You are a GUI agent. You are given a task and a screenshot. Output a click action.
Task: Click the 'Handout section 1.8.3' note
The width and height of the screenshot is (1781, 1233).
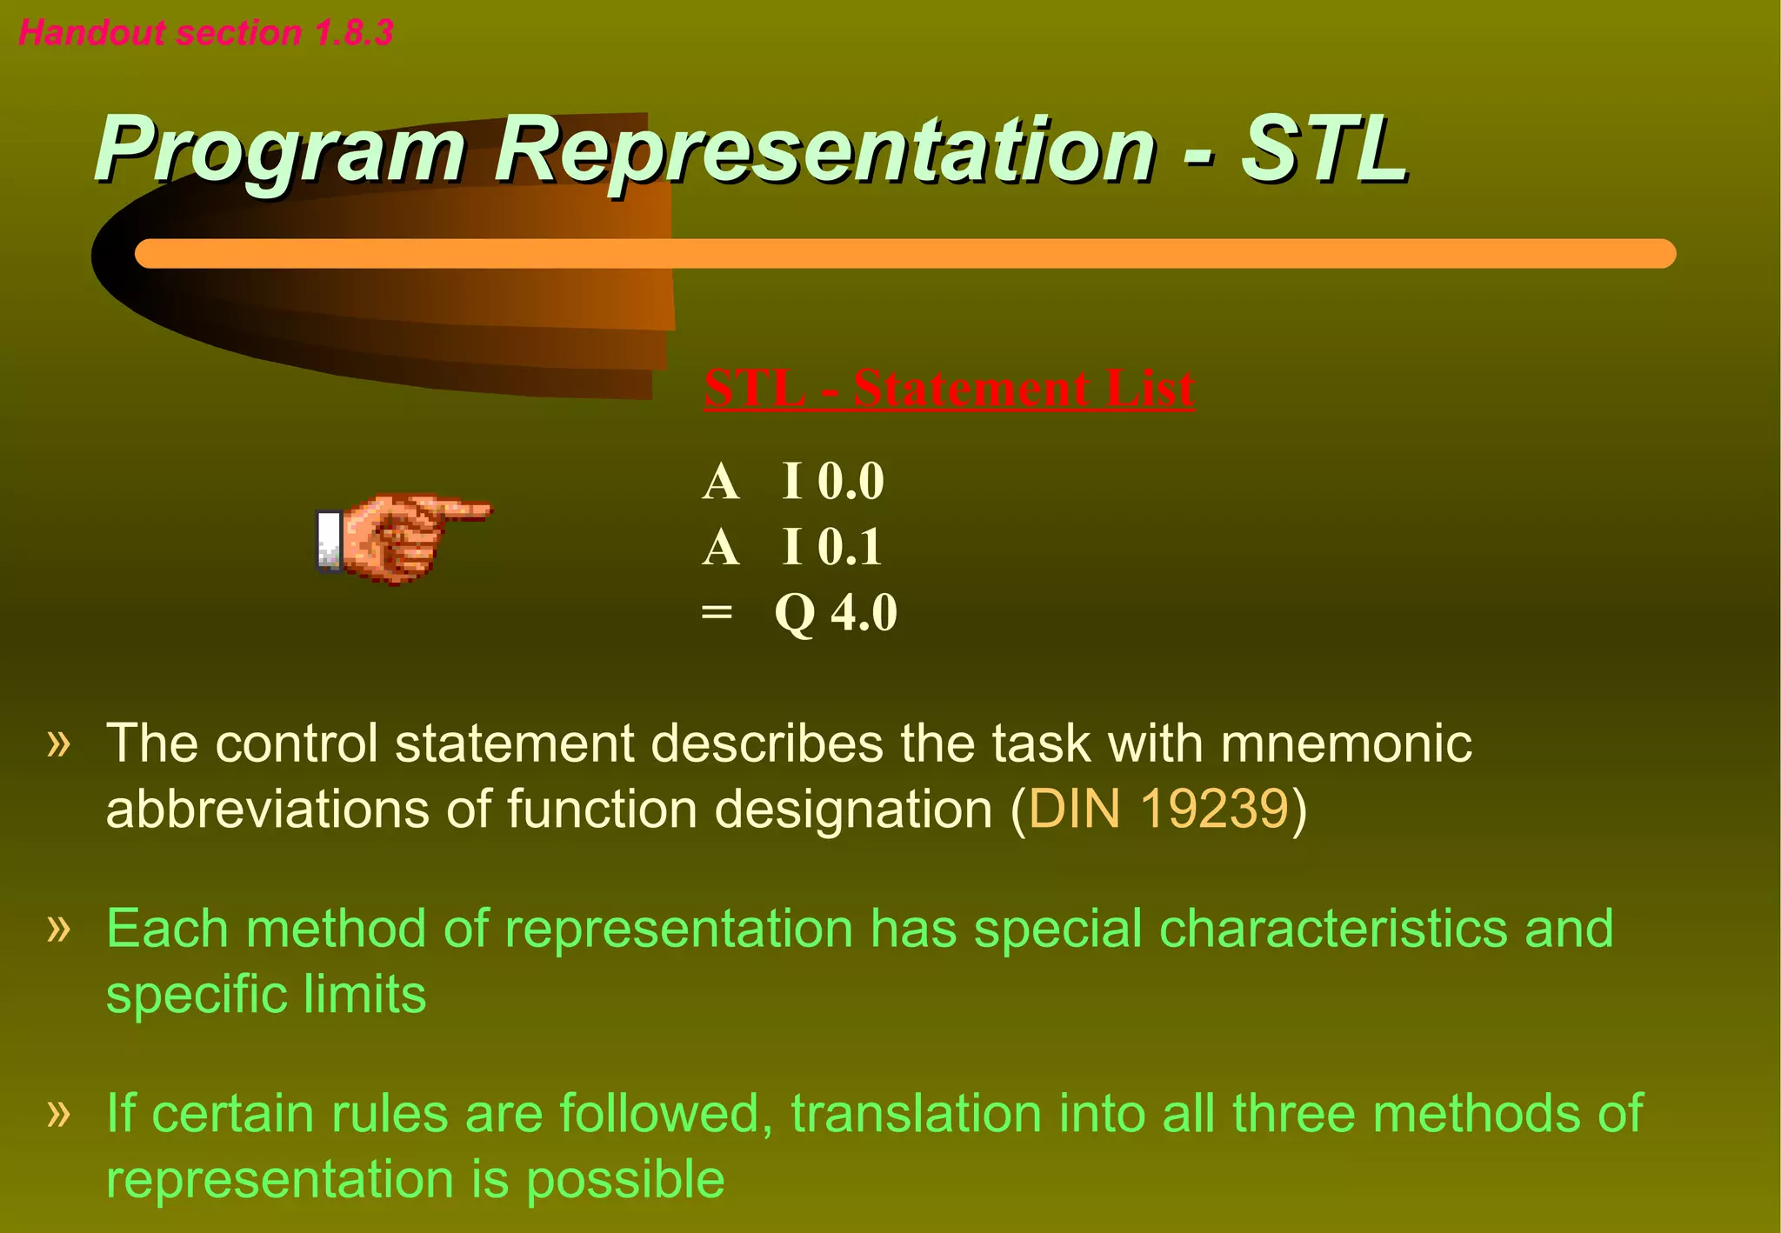click(x=206, y=33)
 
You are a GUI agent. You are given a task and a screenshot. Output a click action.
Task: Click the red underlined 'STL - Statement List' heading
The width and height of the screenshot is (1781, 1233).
click(x=949, y=388)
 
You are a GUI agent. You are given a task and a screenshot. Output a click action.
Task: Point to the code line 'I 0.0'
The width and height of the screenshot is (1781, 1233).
click(x=832, y=481)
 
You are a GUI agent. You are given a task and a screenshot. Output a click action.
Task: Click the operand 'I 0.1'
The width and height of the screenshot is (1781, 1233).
click(x=832, y=547)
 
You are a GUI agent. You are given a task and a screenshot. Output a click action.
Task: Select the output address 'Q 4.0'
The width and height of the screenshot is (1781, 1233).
click(x=836, y=613)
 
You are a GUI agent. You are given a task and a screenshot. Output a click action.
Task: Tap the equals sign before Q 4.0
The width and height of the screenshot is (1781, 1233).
click(x=717, y=612)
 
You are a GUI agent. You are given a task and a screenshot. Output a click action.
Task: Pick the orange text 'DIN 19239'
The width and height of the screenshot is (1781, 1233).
click(x=1157, y=810)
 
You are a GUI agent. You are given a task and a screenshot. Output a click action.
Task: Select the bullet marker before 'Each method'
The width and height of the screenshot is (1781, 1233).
click(x=58, y=929)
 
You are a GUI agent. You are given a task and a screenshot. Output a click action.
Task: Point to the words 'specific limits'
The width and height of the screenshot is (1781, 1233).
click(x=266, y=994)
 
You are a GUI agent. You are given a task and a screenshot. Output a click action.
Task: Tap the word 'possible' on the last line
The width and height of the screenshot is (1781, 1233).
click(x=624, y=1180)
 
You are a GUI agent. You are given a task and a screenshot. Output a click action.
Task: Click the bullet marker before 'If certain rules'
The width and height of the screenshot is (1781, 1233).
click(x=58, y=1112)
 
